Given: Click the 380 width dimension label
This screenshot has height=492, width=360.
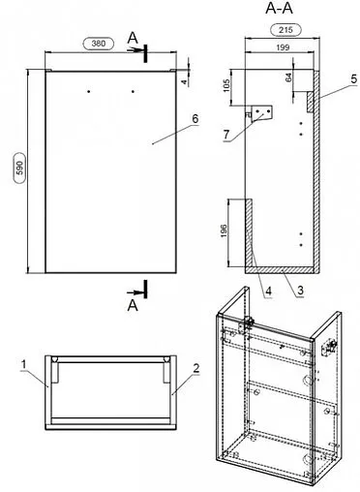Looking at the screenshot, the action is [x=99, y=44].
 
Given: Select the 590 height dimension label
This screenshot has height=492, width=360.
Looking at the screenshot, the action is [x=20, y=168].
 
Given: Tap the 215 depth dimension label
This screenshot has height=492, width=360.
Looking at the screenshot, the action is [x=285, y=30].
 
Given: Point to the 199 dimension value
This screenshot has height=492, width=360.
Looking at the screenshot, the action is [x=283, y=47].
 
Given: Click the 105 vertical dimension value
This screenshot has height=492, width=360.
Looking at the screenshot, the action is [x=226, y=86].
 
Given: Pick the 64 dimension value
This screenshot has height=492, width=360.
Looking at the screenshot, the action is [x=288, y=77].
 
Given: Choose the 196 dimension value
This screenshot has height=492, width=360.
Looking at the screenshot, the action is [x=224, y=231].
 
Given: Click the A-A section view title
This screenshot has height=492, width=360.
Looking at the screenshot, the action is [x=279, y=9].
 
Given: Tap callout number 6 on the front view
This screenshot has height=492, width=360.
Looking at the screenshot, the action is [x=195, y=119].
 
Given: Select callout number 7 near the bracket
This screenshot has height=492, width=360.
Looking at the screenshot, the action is [x=226, y=135].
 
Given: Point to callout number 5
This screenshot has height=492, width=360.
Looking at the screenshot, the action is [x=354, y=78].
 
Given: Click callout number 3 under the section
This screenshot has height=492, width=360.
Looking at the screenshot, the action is [x=300, y=291].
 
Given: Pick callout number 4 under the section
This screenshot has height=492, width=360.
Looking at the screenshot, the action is [x=268, y=292].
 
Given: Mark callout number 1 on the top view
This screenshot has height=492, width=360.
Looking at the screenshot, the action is [x=23, y=365].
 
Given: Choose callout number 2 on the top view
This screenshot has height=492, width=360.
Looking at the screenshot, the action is [x=195, y=368].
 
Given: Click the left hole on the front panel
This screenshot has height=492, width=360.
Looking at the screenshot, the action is [x=89, y=92].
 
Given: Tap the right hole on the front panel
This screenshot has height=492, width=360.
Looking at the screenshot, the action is [x=133, y=92].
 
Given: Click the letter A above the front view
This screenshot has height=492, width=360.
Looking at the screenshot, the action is [x=133, y=39].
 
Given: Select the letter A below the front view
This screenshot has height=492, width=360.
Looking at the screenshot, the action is [x=133, y=305].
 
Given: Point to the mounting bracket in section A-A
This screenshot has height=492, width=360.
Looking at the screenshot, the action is [x=261, y=113].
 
